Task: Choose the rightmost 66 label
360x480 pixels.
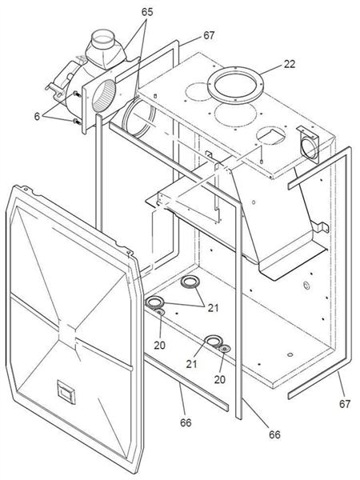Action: click(274, 434)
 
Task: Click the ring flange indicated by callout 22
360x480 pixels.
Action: click(232, 82)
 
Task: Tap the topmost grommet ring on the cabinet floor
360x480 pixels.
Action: click(190, 282)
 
